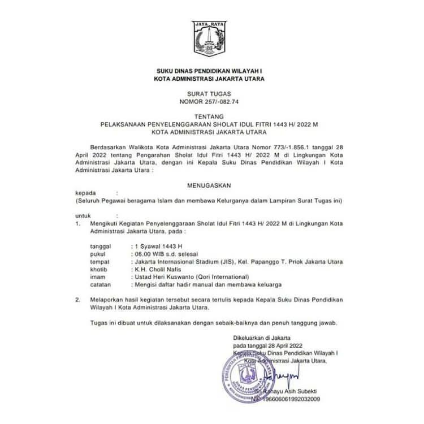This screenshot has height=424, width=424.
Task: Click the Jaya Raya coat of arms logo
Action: [x=211, y=40]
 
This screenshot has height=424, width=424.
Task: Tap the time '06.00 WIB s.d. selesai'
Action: [x=167, y=254]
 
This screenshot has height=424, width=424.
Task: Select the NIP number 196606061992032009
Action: [x=281, y=399]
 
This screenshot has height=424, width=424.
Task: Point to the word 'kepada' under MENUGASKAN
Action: [x=85, y=193]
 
